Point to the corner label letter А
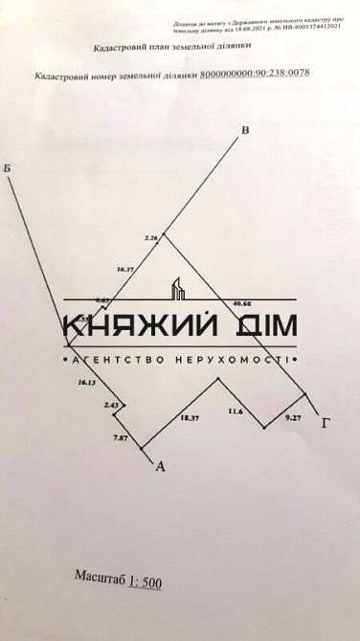160,467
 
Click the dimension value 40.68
242,303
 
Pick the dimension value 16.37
124,270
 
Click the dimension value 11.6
236,411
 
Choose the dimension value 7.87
121,436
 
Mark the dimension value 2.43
111,406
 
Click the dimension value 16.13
86,383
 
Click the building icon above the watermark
178,289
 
